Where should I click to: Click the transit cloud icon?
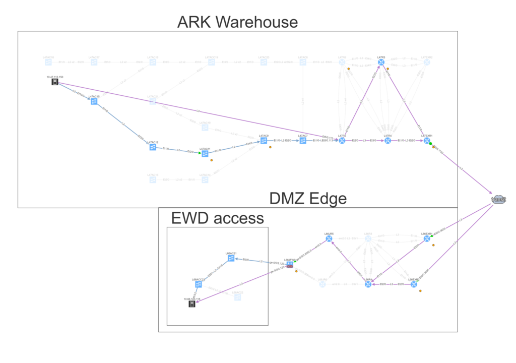tap(498, 200)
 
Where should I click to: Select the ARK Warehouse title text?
tap(237, 22)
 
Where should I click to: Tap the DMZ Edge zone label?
tap(307, 199)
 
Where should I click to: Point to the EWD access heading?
tap(217, 218)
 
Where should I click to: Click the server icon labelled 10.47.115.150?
tap(55, 82)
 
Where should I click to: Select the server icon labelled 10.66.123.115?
tap(191, 304)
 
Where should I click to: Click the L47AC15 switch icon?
tap(94, 101)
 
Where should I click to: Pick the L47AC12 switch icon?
tap(153, 147)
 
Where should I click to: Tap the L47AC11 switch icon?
tap(205, 154)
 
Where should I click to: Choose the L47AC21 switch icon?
tap(153, 101)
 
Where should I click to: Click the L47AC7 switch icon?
tap(303, 141)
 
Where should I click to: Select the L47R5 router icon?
tap(342, 141)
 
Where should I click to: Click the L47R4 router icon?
tap(388, 141)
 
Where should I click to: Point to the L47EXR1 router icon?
tap(427, 141)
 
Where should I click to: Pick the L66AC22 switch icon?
tap(237, 297)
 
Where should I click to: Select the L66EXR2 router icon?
tap(414, 284)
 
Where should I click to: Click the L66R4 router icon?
tap(368, 284)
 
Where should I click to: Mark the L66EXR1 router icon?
tap(427, 238)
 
